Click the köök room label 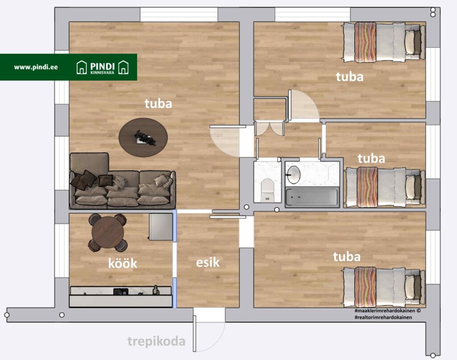point(122,263)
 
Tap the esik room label point(208,262)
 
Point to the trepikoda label point(156,341)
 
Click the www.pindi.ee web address point(36,67)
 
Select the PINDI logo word point(102,66)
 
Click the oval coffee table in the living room point(143,137)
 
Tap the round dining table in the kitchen point(108,232)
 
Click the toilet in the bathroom point(267,190)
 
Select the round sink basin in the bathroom point(294,175)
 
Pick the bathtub point(312,197)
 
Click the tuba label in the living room point(158,103)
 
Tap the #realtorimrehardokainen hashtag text point(383,318)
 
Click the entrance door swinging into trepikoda point(195,333)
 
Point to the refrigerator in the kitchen point(161,227)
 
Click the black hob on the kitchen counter point(120,291)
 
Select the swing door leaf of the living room point(228,127)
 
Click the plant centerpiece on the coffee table point(145,137)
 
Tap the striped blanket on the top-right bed point(365,42)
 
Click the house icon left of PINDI point(82,67)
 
